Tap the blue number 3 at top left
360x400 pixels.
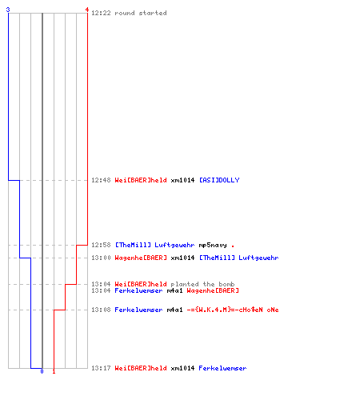[8, 10]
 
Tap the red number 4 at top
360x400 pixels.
[87, 10]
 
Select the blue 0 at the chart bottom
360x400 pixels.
[42, 371]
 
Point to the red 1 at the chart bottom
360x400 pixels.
[54, 371]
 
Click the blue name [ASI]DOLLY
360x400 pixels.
[219, 180]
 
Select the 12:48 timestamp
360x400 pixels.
[101, 180]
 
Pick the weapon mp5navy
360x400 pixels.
[213, 245]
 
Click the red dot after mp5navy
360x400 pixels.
[233, 246]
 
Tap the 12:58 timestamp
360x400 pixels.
[101, 245]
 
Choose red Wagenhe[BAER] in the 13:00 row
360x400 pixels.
[141, 258]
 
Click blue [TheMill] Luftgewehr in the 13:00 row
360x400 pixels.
[239, 258]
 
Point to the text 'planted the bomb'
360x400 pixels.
[202, 284]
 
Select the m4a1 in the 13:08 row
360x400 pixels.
[174, 310]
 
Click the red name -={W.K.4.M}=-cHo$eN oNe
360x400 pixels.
[233, 310]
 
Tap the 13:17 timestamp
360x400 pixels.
[101, 368]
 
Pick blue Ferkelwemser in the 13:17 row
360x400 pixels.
[222, 368]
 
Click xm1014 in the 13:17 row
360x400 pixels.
[182, 368]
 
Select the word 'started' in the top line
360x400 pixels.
[153, 13]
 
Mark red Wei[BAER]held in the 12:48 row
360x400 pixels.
[141, 180]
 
